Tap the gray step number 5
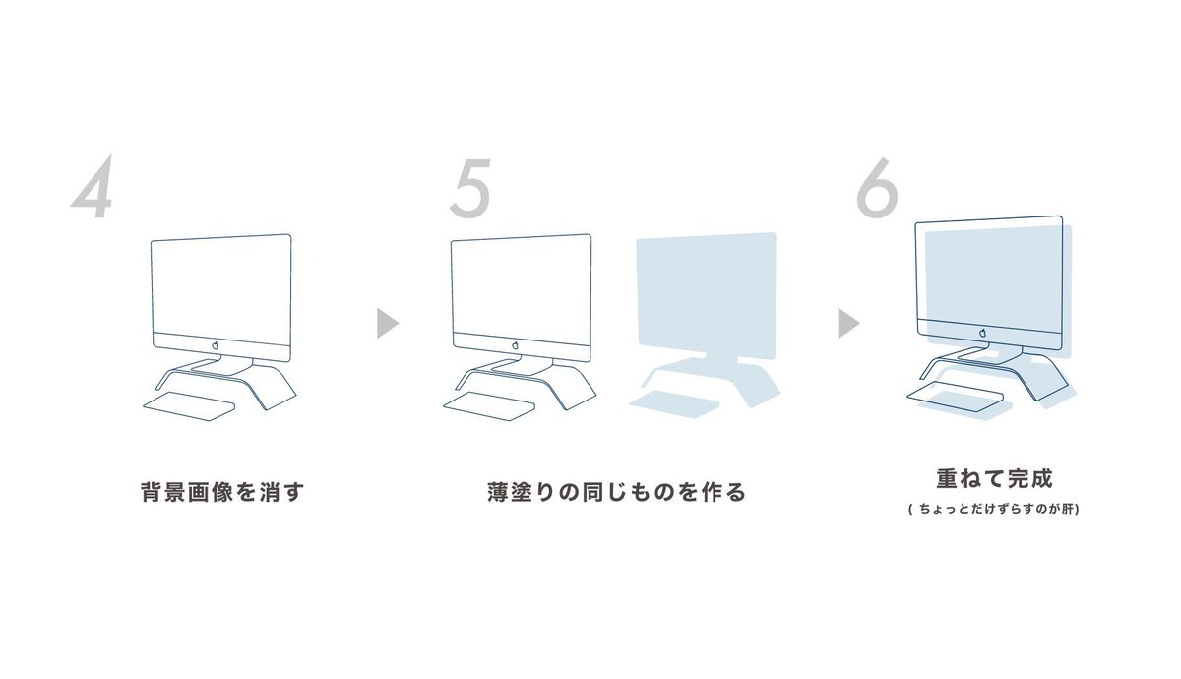470,189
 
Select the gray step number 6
877,188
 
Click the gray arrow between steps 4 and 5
388,323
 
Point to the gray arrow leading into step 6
848,323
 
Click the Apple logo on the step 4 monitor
216,345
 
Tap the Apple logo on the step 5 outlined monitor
515,345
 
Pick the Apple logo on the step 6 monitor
983,333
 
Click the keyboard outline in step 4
189,405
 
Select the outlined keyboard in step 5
489,405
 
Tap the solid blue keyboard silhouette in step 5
674,403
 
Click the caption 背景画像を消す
222,492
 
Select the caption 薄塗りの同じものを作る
616,492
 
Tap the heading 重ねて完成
994,478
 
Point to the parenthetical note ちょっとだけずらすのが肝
994,510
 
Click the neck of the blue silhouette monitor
722,360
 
